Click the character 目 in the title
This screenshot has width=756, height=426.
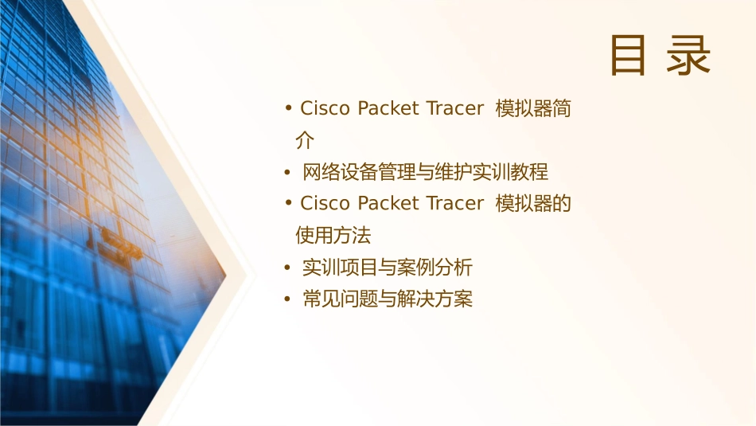tap(628, 55)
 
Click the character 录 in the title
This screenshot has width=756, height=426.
tap(688, 55)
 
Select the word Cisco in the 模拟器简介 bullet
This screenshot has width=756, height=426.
tap(325, 109)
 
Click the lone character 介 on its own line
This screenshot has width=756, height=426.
tap(305, 141)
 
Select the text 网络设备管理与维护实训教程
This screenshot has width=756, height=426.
tap(426, 172)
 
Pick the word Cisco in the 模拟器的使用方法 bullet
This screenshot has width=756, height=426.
tap(325, 204)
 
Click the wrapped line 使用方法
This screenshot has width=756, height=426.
tap(333, 236)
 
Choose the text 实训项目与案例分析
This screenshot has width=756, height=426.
tap(388, 268)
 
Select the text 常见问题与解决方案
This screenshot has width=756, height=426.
tap(388, 299)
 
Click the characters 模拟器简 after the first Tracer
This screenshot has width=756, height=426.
tap(532, 109)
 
